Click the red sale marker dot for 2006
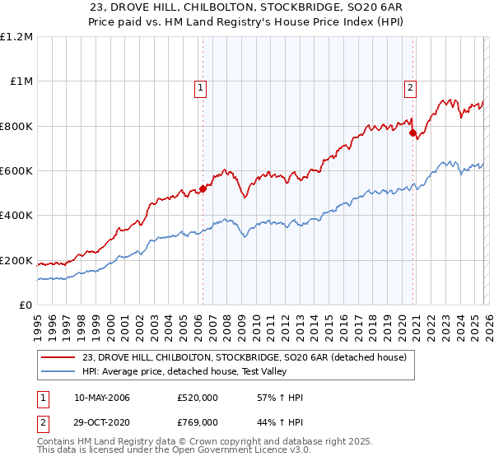click(x=203, y=189)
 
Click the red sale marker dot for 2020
click(x=413, y=133)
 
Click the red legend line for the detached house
click(x=58, y=357)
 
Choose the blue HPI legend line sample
click(x=58, y=371)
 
